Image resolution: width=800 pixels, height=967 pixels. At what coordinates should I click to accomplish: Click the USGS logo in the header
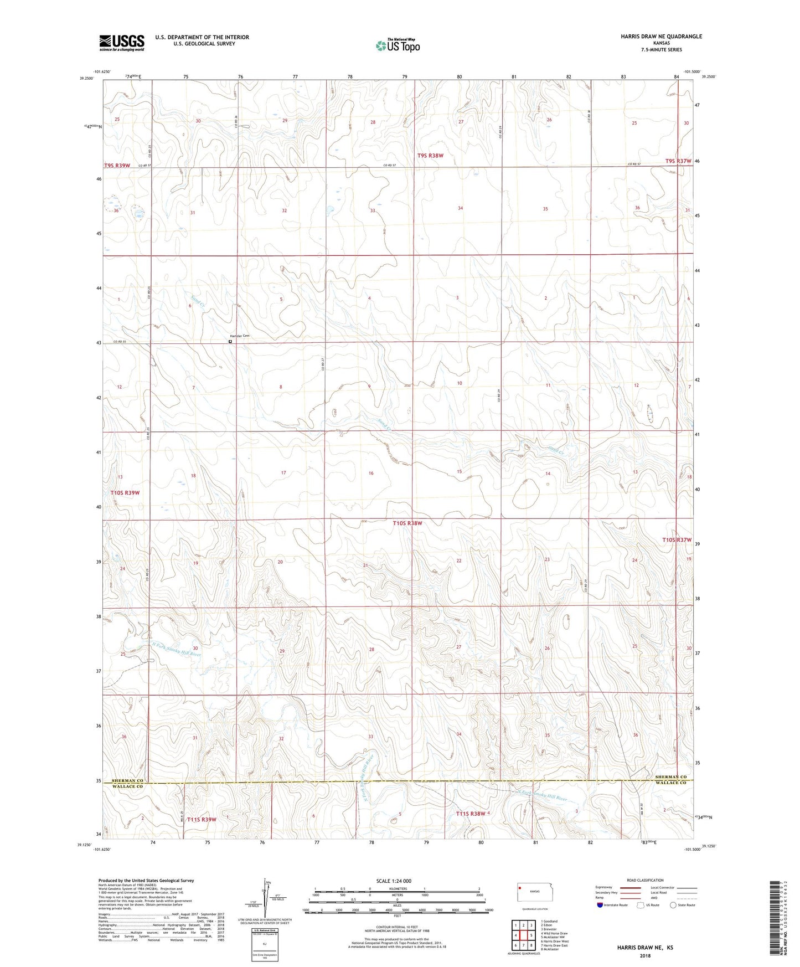(122, 43)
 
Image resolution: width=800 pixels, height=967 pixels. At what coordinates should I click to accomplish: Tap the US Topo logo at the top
(398, 45)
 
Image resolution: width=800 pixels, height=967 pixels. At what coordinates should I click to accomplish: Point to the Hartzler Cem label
(240, 336)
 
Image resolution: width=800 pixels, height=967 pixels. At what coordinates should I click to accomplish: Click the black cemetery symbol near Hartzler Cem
(230, 342)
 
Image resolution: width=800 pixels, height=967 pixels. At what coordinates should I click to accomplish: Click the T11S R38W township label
(470, 814)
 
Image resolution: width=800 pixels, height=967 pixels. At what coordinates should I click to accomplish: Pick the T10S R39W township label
(125, 492)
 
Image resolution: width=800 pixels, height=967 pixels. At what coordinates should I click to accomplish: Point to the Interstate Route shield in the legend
(600, 905)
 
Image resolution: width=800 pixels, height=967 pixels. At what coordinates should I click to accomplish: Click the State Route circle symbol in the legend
(673, 905)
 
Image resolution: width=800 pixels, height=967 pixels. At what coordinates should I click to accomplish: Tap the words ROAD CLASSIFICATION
(645, 880)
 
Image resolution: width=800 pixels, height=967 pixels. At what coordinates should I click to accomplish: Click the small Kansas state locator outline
(531, 892)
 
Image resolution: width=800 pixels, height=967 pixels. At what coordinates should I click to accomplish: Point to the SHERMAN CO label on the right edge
(671, 777)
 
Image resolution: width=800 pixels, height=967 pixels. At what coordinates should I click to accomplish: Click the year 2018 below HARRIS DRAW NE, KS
(645, 955)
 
